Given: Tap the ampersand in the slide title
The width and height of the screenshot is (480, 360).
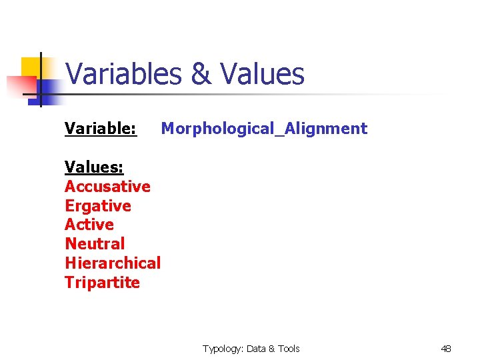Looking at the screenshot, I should click(x=201, y=74).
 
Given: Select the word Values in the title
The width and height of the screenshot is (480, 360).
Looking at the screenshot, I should click(x=262, y=74).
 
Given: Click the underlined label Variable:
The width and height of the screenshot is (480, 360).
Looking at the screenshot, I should click(x=101, y=128).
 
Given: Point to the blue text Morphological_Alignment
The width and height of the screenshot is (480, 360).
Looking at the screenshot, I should click(x=264, y=128).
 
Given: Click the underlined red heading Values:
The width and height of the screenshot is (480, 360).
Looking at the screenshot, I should click(x=94, y=167).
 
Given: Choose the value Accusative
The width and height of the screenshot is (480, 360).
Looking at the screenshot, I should click(x=107, y=186).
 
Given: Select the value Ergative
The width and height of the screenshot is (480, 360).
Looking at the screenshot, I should click(x=98, y=205).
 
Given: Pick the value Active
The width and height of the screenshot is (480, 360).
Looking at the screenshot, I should click(x=89, y=225).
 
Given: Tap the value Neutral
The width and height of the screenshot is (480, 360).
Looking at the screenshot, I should click(x=95, y=244).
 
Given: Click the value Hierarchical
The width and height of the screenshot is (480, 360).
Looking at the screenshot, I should click(x=113, y=263).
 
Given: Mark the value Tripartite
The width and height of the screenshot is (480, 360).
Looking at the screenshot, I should click(x=102, y=282).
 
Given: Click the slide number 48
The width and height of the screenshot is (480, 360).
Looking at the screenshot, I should click(x=446, y=349).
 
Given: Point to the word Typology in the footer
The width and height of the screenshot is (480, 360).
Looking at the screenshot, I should click(x=222, y=349).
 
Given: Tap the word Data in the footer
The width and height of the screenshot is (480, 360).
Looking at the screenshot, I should click(x=257, y=349).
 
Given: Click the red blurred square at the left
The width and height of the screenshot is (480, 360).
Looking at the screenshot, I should click(x=19, y=86).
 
